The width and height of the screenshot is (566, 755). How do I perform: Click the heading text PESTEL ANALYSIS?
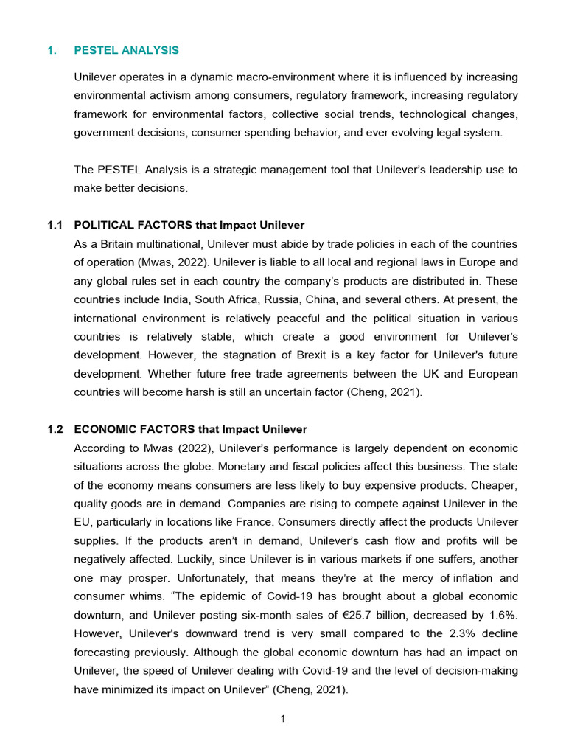pos(126,50)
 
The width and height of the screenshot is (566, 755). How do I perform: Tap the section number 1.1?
pos(56,225)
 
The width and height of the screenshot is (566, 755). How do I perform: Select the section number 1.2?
pos(56,429)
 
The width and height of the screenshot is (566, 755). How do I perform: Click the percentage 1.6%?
pos(503,615)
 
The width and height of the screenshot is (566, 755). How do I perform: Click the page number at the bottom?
pos(283,719)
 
